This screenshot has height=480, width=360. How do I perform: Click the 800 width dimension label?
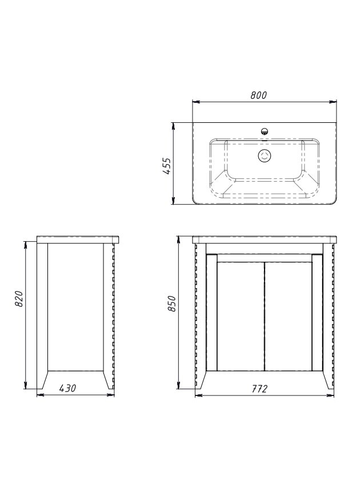[259, 95]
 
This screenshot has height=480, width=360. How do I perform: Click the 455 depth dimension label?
[167, 166]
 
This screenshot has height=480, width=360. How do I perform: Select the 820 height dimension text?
[19, 299]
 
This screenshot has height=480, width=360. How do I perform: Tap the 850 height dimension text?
[172, 303]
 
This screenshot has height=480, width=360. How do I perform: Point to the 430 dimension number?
[67, 388]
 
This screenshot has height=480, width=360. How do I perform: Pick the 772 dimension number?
[259, 389]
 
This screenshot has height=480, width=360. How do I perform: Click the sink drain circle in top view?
[265, 155]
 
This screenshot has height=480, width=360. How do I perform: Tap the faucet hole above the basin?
[265, 131]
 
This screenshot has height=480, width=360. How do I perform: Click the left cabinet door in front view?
[241, 316]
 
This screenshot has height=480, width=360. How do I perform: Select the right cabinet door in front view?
[289, 316]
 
